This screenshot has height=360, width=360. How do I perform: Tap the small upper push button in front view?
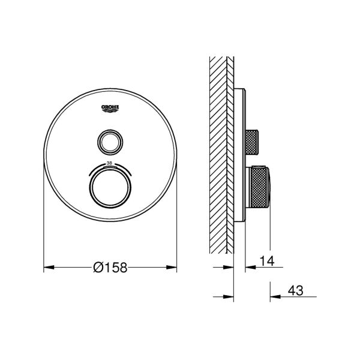pyautogui.click(x=110, y=142)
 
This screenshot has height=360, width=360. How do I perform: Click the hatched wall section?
pyautogui.click(x=221, y=156)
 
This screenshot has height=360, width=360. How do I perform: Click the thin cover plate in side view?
pyautogui.click(x=241, y=156)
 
